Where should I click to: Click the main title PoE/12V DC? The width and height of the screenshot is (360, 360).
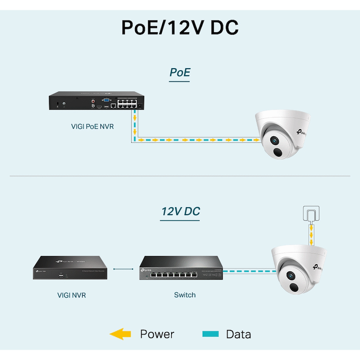(x=180, y=27)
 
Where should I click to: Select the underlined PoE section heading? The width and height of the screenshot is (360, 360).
(x=180, y=72)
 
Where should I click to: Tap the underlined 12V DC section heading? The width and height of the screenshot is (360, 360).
(x=180, y=211)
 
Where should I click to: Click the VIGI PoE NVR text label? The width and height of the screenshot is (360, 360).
(x=92, y=126)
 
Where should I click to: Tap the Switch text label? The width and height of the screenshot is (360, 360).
(x=185, y=295)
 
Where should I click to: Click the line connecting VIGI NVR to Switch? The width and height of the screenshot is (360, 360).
(x=123, y=269)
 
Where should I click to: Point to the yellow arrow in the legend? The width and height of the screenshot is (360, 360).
(x=120, y=334)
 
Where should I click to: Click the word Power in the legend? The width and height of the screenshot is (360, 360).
(x=157, y=334)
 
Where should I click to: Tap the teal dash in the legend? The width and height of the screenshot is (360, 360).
(x=210, y=334)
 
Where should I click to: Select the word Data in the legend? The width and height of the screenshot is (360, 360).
(x=238, y=334)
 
